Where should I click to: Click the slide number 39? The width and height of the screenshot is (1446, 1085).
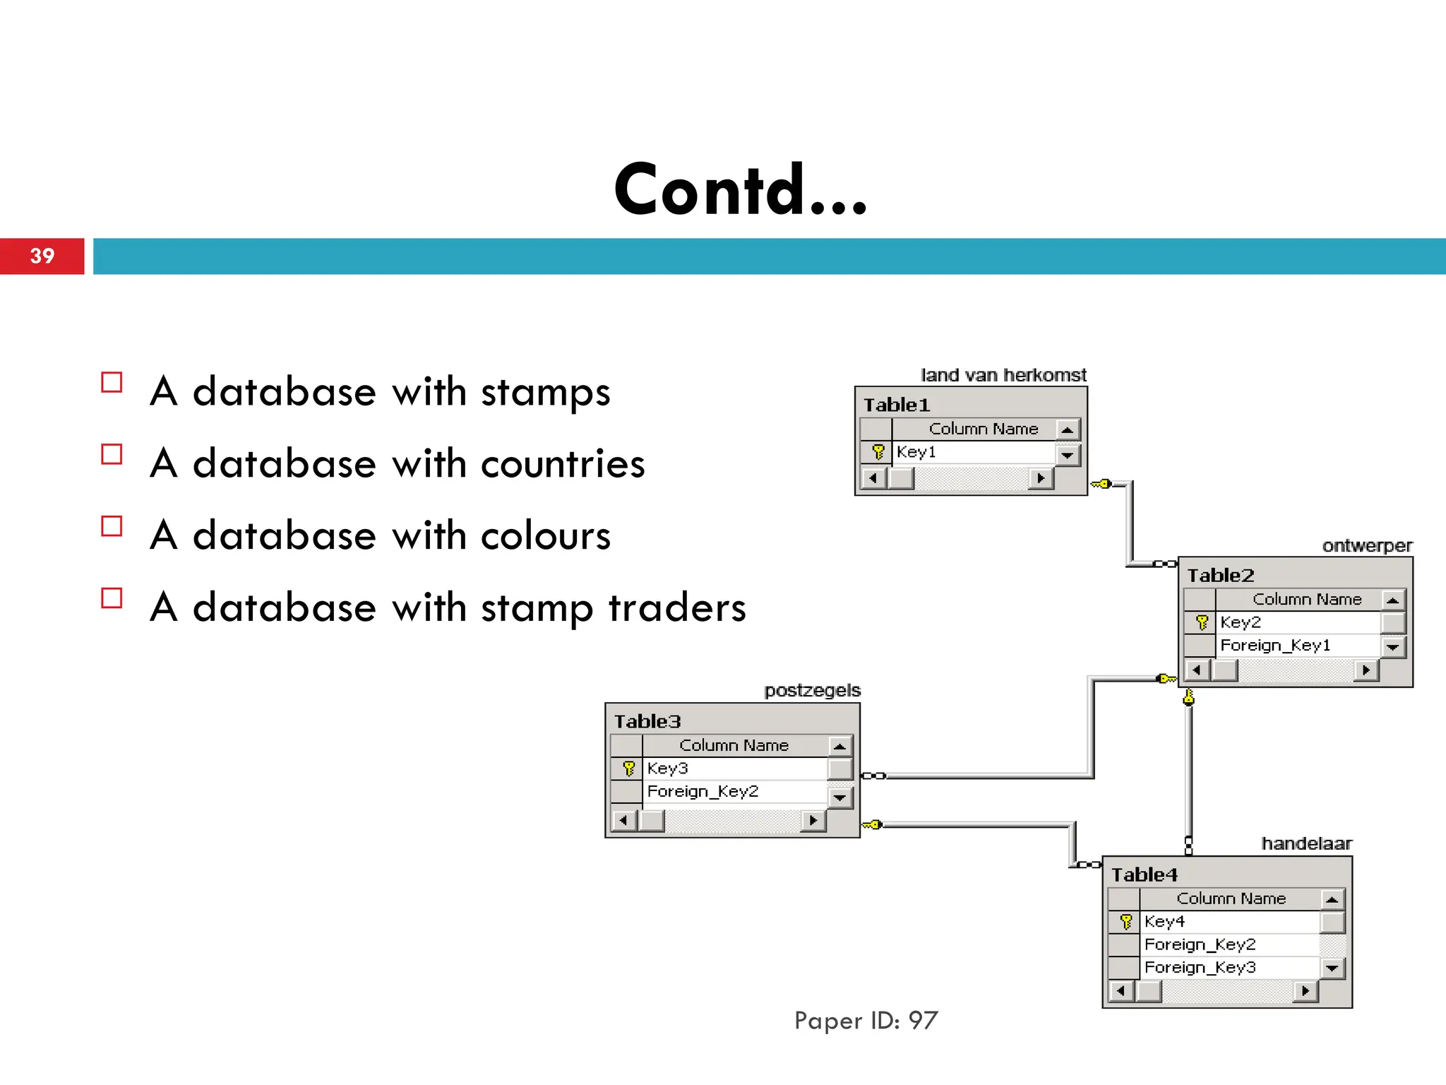point(42,256)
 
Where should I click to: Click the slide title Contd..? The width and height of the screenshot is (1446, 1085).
point(740,189)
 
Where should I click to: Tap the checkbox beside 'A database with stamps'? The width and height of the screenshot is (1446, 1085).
point(112,382)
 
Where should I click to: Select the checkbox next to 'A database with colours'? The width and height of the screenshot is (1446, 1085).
point(112,526)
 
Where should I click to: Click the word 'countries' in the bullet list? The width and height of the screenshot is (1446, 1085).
point(563,464)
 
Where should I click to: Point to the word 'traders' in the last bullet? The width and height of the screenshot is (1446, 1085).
point(677,607)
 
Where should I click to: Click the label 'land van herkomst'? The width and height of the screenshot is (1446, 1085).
point(1003,375)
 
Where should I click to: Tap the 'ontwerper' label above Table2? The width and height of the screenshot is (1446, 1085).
point(1367,546)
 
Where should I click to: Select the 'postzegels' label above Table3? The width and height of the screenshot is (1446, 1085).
point(812,690)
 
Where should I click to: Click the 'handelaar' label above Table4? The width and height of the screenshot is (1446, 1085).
point(1306,843)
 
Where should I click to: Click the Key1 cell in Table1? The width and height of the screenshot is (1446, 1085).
point(916,452)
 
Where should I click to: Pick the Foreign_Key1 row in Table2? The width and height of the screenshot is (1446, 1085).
point(1275,646)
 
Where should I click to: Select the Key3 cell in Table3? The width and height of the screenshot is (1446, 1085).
point(667,769)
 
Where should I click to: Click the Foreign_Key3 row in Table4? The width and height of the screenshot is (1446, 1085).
point(1200,968)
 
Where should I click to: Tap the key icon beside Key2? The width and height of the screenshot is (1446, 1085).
point(1202,622)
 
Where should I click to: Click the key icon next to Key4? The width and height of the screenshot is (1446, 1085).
point(1126,922)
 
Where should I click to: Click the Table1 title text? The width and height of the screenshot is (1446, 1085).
point(897,405)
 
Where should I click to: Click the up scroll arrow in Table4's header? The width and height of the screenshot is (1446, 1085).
point(1332,899)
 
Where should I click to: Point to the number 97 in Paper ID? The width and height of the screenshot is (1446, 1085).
point(923,1021)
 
